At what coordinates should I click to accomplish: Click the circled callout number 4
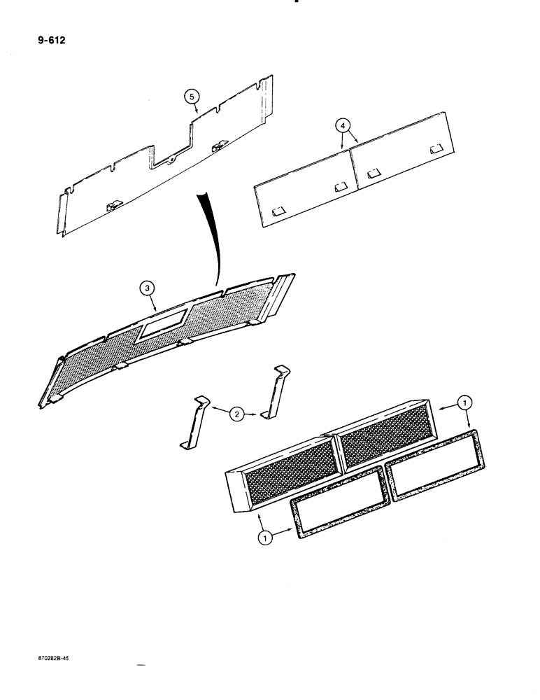pos(343,126)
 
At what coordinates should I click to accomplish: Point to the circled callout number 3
pos(145,287)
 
